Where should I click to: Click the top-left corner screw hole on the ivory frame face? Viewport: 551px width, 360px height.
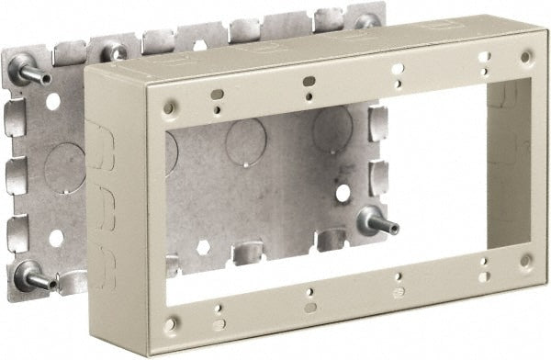(x=168, y=107)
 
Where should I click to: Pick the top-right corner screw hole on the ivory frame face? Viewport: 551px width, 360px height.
(x=525, y=57)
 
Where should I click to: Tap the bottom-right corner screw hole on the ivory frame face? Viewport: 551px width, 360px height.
(x=523, y=260)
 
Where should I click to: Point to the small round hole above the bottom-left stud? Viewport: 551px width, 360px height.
(x=55, y=237)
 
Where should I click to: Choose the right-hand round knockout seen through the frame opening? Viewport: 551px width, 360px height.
(x=330, y=129)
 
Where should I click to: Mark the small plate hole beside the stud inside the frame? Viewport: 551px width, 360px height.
(x=342, y=194)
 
